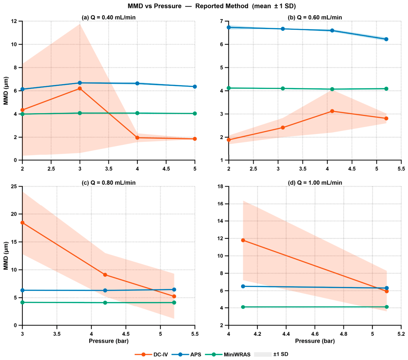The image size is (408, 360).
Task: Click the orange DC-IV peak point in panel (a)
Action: coord(80,89)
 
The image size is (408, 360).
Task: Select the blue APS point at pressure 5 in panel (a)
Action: coord(195,87)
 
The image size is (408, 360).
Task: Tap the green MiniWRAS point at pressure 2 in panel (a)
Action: coord(23,114)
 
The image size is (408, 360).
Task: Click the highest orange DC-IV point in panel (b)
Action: coord(332,111)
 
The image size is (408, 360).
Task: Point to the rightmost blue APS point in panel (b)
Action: coord(386,39)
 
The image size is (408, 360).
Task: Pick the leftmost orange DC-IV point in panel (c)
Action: coord(23,223)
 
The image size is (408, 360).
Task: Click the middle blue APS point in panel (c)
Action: coord(105,290)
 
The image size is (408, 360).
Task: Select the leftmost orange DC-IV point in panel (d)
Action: coord(243,240)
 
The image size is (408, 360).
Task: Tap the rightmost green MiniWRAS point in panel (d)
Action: coord(387,307)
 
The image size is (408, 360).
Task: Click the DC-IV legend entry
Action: coord(151,354)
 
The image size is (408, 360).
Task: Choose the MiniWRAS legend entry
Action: coord(228,354)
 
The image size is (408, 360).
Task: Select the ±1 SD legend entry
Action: coord(271,354)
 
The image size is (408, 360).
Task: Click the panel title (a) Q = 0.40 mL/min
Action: coord(108,17)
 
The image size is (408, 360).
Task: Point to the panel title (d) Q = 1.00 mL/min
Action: coord(315,183)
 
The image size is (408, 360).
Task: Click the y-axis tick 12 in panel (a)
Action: coord(14,21)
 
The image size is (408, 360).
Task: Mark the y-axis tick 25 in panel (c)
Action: coord(14,187)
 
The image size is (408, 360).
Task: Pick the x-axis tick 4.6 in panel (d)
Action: coord(315,334)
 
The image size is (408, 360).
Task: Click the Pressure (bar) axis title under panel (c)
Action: coord(109,341)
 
